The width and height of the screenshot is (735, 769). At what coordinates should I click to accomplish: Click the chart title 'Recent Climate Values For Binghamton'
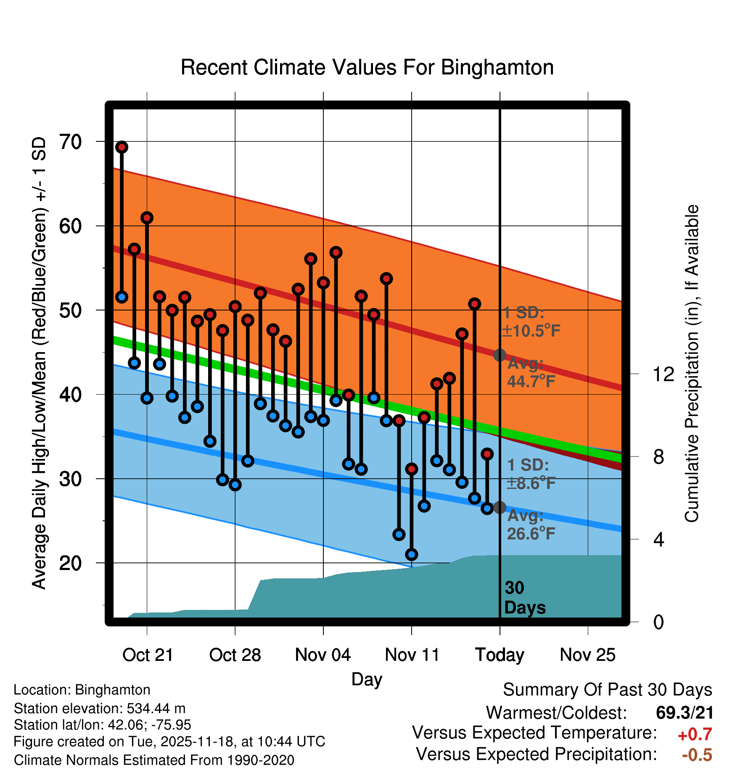pyautogui.click(x=367, y=67)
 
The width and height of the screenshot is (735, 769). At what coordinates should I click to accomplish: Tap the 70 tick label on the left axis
pyautogui.click(x=71, y=142)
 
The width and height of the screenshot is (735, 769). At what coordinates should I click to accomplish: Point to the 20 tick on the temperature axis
pyautogui.click(x=71, y=563)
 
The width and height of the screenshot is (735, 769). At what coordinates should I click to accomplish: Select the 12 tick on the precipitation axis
pyautogui.click(x=663, y=374)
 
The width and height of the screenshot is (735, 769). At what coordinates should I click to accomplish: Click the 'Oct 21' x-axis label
pyautogui.click(x=148, y=655)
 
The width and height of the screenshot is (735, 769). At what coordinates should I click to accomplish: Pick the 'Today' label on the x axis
pyautogui.click(x=500, y=655)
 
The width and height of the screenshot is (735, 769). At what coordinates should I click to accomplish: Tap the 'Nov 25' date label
pyautogui.click(x=587, y=655)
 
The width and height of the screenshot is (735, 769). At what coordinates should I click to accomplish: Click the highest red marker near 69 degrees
pyautogui.click(x=122, y=147)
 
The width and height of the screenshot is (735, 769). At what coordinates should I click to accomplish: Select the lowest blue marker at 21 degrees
pyautogui.click(x=411, y=554)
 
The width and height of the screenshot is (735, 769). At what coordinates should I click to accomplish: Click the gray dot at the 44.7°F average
pyautogui.click(x=500, y=355)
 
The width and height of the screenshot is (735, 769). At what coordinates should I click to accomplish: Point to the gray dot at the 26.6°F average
pyautogui.click(x=500, y=507)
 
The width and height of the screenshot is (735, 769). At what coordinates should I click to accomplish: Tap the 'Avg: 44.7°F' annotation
pyautogui.click(x=531, y=372)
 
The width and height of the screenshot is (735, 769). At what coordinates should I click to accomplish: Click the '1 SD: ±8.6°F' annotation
pyautogui.click(x=531, y=474)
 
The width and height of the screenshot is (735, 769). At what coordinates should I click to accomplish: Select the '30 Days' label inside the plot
pyautogui.click(x=524, y=598)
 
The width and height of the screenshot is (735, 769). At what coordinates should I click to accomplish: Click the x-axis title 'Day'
pyautogui.click(x=367, y=679)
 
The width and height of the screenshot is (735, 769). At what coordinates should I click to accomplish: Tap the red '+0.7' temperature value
pyautogui.click(x=695, y=735)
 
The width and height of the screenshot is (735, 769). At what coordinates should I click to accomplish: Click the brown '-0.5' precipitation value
pyautogui.click(x=697, y=755)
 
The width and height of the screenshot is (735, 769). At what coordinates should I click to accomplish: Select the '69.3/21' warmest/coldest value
pyautogui.click(x=685, y=713)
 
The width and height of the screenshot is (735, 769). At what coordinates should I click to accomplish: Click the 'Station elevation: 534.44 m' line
pyautogui.click(x=100, y=708)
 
